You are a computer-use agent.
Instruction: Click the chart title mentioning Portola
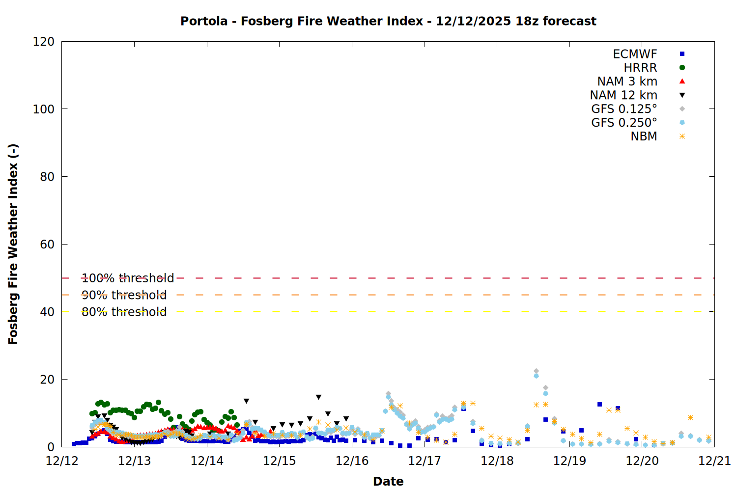388,21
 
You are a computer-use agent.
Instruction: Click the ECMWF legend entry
635,54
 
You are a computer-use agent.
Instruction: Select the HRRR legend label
640,68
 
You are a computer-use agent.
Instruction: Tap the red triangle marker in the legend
682,81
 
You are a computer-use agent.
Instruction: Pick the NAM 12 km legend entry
624,95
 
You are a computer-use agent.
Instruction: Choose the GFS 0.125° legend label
624,109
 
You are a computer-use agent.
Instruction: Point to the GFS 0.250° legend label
624,123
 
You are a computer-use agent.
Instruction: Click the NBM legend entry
644,136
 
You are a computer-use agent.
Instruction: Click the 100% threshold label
128,278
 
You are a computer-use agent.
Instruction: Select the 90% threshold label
124,295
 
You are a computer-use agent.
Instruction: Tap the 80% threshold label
124,312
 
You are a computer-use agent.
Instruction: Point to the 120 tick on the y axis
44,42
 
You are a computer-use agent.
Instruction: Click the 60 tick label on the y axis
47,245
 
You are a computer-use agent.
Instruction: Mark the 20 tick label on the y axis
47,380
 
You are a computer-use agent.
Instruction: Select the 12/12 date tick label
62,461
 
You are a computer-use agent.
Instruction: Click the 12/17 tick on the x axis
425,461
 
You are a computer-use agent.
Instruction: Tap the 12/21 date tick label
714,461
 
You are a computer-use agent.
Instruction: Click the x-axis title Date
388,481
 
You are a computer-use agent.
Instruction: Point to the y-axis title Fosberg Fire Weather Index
13,244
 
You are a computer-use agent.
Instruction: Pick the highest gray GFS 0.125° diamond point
536,371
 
